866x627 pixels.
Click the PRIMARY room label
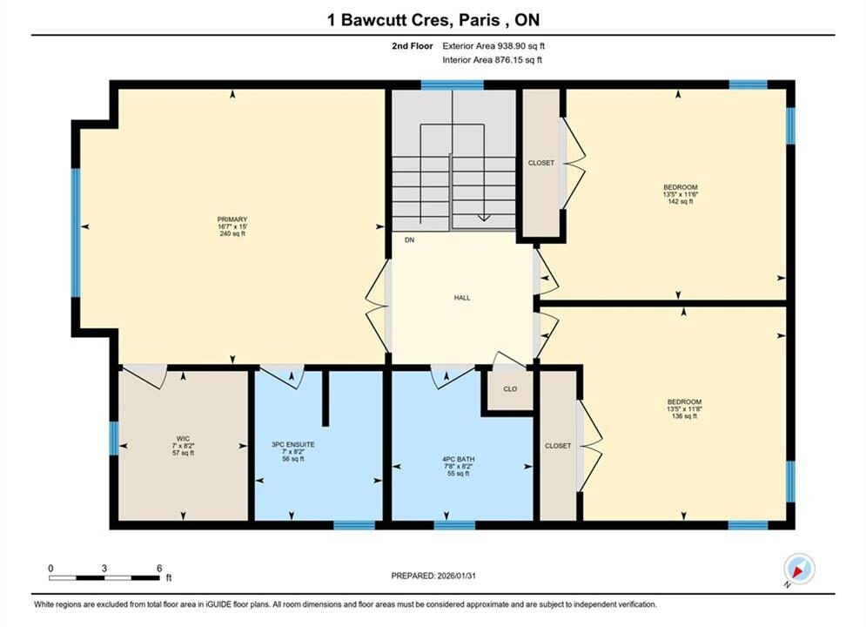[x=232, y=219]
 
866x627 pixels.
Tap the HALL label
[x=462, y=298]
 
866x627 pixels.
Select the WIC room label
[x=183, y=439]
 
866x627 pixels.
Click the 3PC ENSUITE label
[x=292, y=445]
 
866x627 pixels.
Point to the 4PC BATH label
[x=458, y=459]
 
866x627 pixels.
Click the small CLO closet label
[x=510, y=389]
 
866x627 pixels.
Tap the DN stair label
[x=409, y=240]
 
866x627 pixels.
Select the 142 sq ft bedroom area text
[x=681, y=202]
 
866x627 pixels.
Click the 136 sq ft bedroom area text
[x=684, y=416]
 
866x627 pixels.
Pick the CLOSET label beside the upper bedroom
[x=540, y=163]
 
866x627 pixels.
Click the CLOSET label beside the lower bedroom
[x=558, y=446]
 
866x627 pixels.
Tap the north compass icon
[x=799, y=569]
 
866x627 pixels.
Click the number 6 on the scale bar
[x=159, y=568]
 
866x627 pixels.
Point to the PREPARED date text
[x=433, y=576]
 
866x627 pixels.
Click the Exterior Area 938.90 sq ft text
[x=493, y=46]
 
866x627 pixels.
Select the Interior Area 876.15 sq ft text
[x=492, y=60]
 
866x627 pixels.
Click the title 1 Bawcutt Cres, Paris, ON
[x=433, y=20]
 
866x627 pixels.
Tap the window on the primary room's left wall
[x=76, y=232]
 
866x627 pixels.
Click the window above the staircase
[x=453, y=84]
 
